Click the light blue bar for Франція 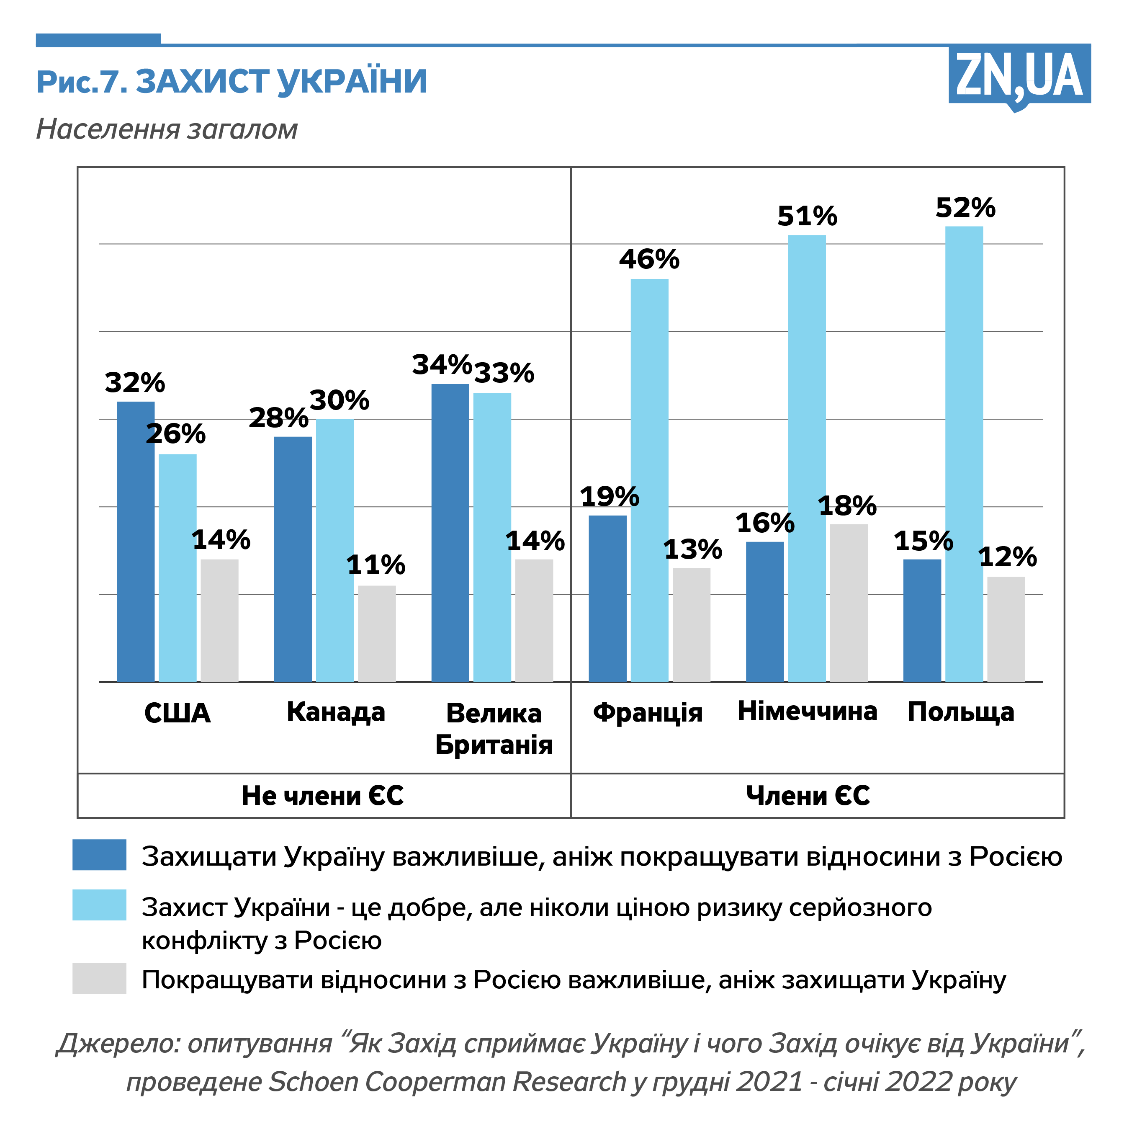649,480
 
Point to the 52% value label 965,208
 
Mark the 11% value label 376,565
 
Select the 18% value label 847,506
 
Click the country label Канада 335,712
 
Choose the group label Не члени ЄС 322,796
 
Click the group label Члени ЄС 808,796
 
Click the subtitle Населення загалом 167,129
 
